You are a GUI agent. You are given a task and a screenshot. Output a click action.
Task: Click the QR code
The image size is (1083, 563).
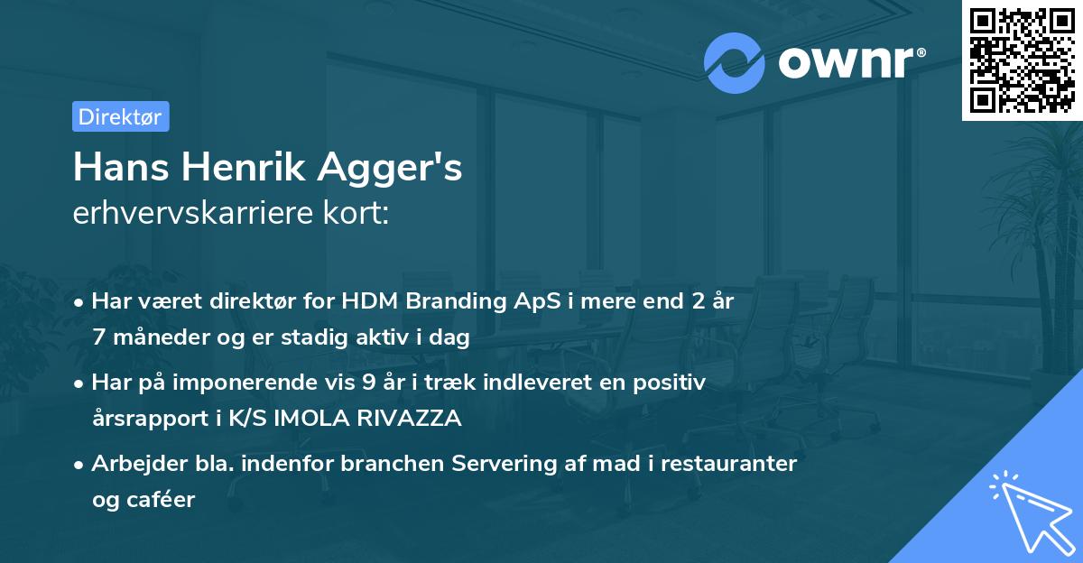pos(1023,60)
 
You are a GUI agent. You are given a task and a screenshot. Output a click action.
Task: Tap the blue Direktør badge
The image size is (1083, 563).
pos(120,116)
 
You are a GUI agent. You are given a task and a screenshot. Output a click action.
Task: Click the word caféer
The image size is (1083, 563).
pos(163,499)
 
